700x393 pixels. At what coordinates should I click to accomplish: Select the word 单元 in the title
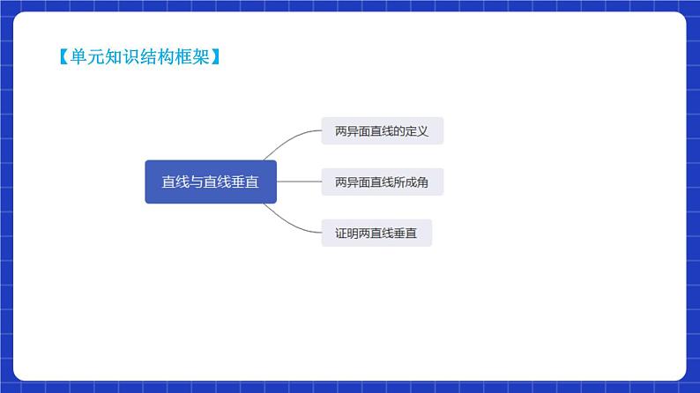75,58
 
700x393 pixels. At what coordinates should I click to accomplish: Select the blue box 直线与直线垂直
211,182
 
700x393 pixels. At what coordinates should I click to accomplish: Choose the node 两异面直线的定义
381,131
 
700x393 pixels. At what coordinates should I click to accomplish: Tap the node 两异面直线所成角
381,182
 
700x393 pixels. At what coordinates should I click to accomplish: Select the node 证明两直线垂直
376,233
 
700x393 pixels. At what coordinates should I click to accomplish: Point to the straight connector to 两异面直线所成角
299,182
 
